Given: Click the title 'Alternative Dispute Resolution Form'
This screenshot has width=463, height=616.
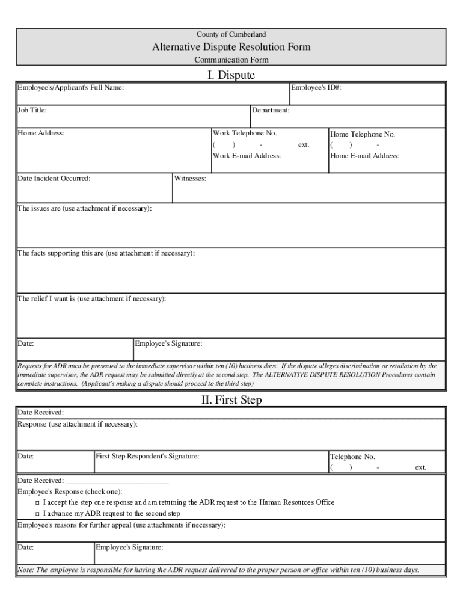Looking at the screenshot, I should click(x=231, y=47).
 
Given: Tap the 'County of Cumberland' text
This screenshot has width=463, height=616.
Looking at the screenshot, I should click(x=231, y=34).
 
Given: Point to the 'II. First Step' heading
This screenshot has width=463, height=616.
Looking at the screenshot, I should click(x=231, y=399).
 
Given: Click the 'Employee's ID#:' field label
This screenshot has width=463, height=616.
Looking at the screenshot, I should click(x=316, y=88).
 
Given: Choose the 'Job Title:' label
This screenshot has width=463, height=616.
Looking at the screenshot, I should click(x=32, y=111).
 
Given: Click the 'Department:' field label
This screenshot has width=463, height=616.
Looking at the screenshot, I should click(x=271, y=111).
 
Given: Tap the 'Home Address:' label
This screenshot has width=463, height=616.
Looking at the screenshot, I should click(x=41, y=133).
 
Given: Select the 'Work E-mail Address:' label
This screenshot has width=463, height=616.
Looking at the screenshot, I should click(x=247, y=156).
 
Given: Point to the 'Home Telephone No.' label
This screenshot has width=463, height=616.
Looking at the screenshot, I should click(x=363, y=134).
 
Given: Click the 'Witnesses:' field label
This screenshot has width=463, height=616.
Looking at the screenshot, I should click(x=190, y=179).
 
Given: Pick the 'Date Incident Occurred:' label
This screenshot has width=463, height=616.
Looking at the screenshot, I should click(x=54, y=179).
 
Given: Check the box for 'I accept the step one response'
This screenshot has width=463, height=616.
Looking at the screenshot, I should click(x=37, y=502).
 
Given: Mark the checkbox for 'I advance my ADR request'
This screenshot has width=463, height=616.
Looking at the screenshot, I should click(x=37, y=514).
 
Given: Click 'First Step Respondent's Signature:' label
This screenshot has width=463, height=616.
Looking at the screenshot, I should click(x=147, y=457).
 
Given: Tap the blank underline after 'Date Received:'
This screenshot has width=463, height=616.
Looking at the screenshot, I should click(x=117, y=481).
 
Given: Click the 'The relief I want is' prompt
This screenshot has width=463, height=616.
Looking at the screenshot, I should click(x=91, y=298).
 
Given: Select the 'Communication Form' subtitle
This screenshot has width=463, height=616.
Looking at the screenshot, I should click(x=231, y=60).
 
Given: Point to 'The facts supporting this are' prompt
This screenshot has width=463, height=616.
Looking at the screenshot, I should click(x=106, y=253).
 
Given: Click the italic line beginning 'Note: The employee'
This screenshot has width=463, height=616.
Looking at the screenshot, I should click(x=218, y=570).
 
